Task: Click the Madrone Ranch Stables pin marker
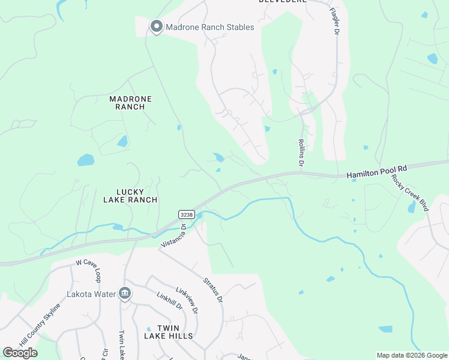point(157,26)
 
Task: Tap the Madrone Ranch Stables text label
point(209,27)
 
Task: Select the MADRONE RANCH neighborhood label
point(131,103)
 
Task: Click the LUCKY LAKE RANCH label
point(130,196)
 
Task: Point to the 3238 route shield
point(185,214)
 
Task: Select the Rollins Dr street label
point(302,153)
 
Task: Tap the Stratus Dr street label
point(213,290)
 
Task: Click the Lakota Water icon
point(125,293)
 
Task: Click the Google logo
point(20,353)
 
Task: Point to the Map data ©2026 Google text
point(411,355)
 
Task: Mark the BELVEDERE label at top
point(283,2)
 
